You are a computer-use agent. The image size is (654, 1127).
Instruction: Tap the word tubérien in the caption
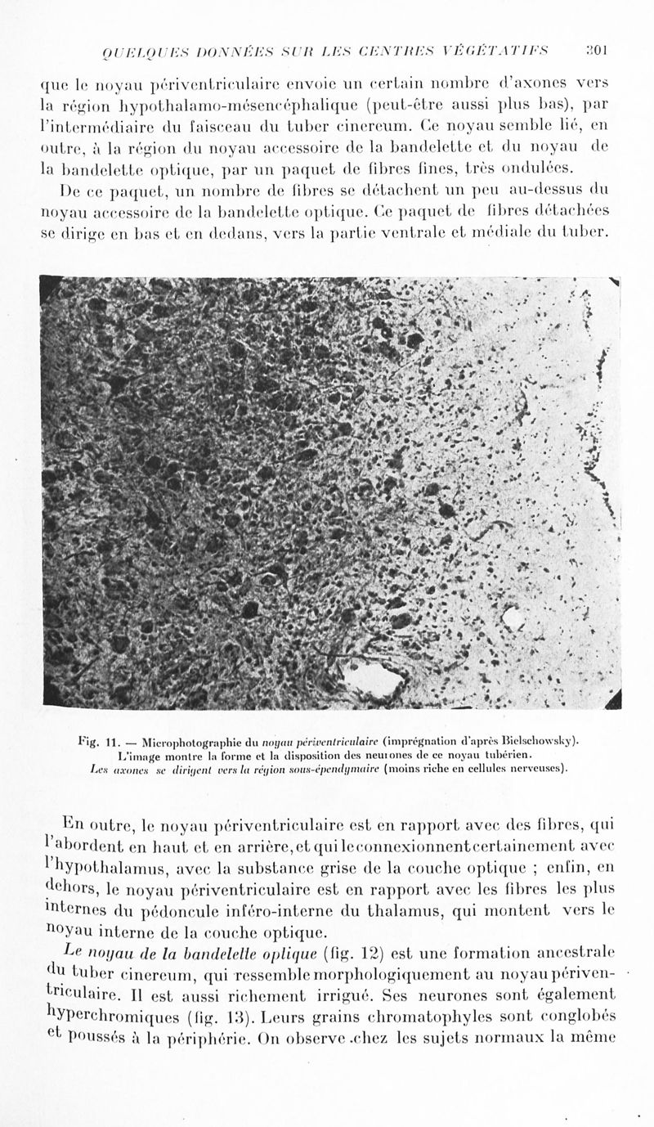click(509, 754)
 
